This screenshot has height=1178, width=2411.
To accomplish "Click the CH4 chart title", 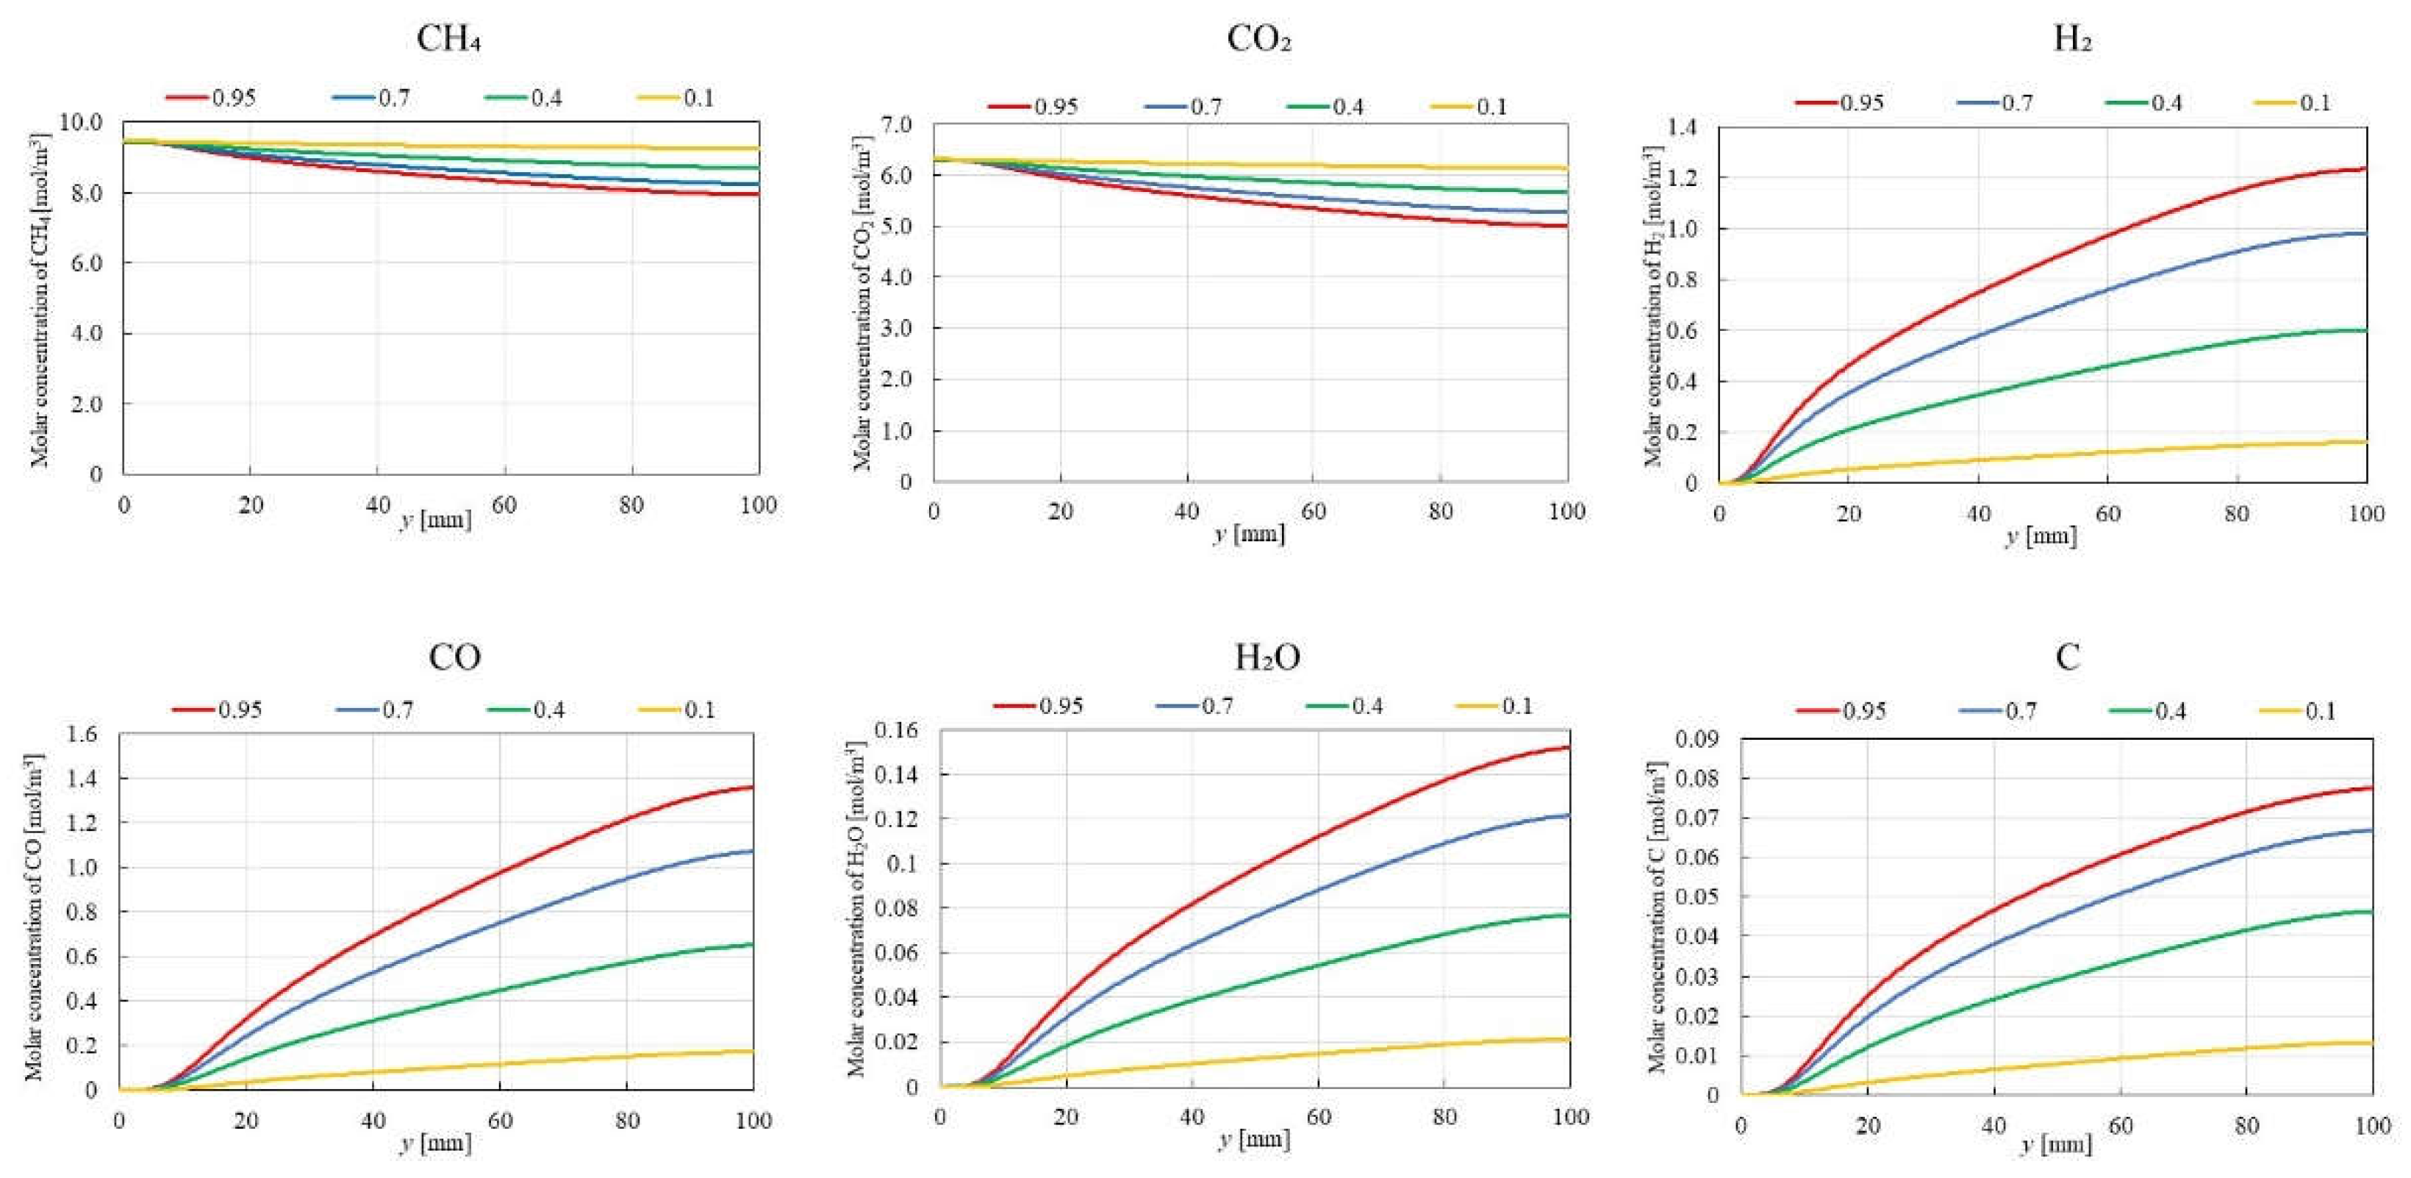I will click(449, 40).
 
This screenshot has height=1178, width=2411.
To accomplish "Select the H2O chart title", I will click(1267, 657).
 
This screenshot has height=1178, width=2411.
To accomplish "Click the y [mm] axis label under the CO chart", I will click(436, 1143).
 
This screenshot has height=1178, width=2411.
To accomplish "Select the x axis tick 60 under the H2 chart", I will click(2107, 513).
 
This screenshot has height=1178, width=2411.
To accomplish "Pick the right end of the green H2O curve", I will click(1569, 915).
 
